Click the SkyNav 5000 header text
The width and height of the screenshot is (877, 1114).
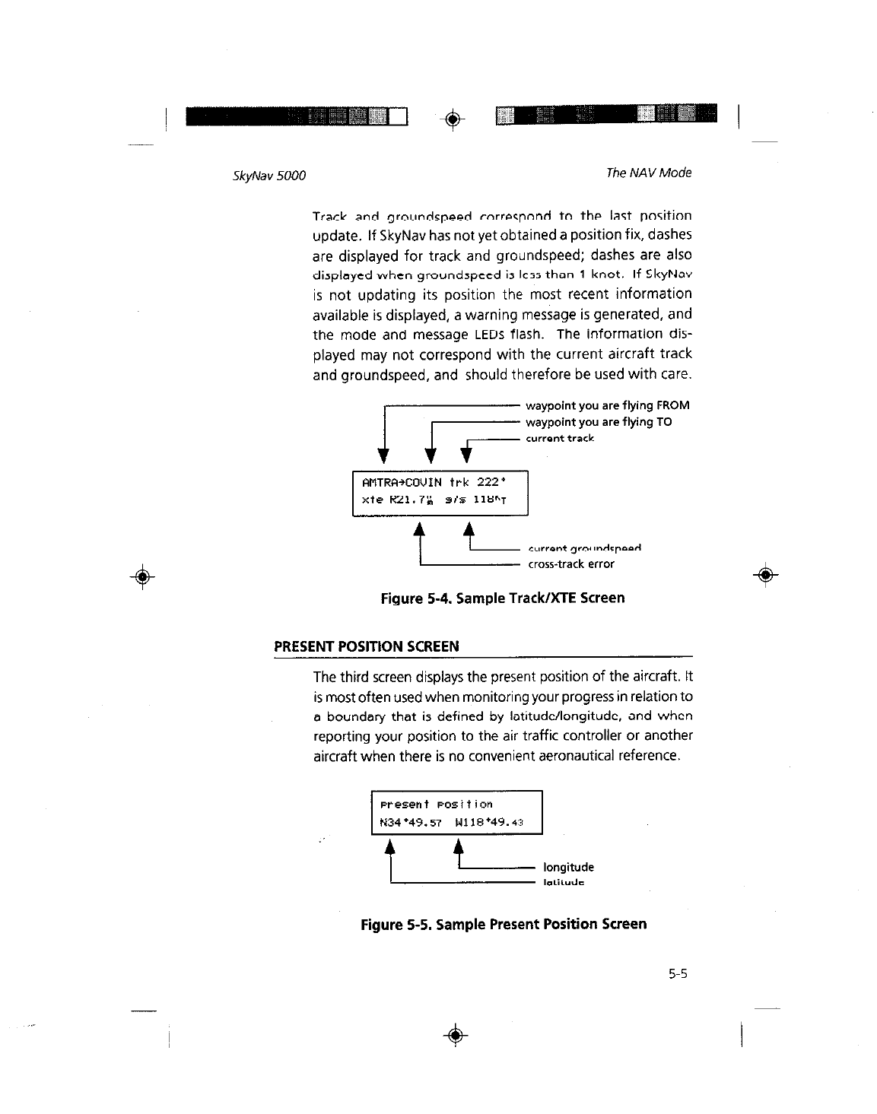coord(269,176)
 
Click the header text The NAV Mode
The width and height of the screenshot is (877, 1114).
coord(648,173)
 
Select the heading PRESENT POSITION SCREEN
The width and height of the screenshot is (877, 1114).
coord(366,647)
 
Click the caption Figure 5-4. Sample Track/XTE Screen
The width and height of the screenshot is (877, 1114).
coord(502,598)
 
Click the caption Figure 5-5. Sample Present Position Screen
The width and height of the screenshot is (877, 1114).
coord(504,925)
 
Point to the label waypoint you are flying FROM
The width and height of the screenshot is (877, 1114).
coord(607,406)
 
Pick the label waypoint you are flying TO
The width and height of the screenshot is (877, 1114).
coord(599,422)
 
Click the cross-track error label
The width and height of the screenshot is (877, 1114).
coord(570,564)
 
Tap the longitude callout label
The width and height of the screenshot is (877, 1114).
coord(568,868)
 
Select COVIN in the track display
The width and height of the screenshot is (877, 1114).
coord(424,482)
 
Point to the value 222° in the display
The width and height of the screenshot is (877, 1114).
coord(491,482)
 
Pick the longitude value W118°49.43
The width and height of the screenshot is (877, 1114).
coord(488,822)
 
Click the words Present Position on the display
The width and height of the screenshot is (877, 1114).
coord(436,805)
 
